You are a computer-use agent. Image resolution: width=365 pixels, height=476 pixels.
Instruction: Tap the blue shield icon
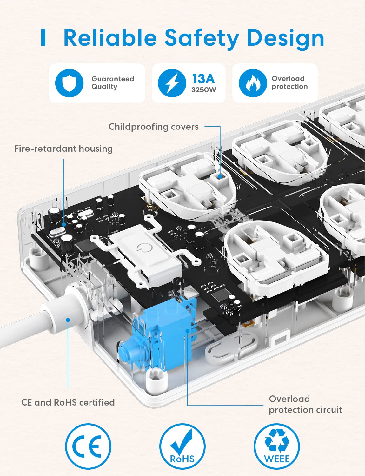click(x=69, y=83)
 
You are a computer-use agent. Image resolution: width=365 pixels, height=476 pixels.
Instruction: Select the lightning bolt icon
click(x=172, y=83)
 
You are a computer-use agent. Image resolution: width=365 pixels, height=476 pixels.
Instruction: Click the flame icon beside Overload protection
click(x=253, y=83)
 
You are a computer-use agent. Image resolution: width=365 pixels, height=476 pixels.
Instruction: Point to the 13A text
click(x=203, y=78)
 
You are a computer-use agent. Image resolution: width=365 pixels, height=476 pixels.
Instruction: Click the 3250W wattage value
click(x=203, y=90)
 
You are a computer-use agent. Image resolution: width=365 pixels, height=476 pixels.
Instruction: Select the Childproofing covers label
click(x=154, y=127)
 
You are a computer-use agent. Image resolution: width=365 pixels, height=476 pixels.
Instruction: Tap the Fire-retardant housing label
click(x=63, y=149)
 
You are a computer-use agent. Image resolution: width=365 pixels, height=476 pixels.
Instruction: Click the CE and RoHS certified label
click(x=68, y=402)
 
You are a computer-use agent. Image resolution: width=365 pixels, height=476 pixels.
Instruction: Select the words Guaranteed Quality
click(x=112, y=83)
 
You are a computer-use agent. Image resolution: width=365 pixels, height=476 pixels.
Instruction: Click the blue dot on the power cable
click(x=68, y=320)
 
